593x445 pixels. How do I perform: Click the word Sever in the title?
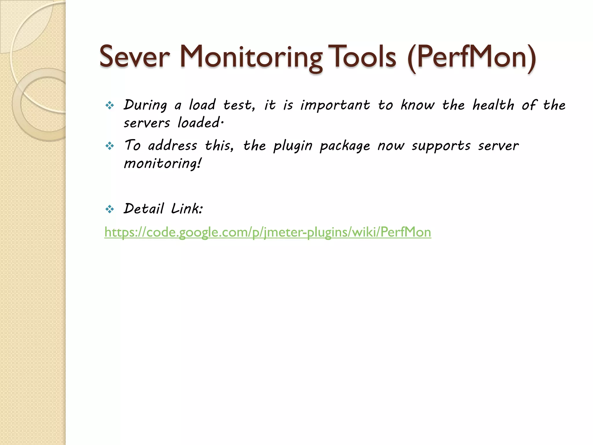pos(134,57)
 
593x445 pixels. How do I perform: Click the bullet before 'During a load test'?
pos(110,105)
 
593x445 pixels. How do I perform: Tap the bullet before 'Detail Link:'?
pos(110,209)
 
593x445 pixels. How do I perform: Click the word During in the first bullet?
pos(145,105)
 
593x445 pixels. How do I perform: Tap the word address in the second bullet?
pos(173,145)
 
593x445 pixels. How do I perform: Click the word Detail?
pos(144,209)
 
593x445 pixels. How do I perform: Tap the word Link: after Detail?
pos(187,209)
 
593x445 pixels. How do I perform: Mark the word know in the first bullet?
pos(418,105)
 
